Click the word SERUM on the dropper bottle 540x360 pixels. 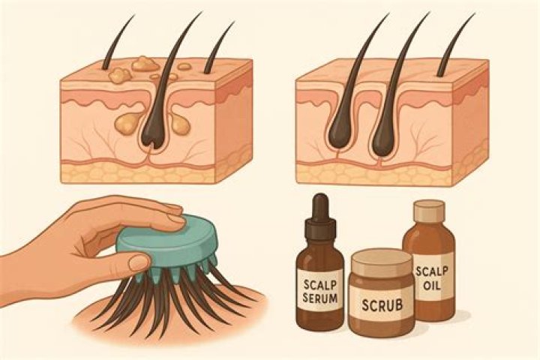click(320, 298)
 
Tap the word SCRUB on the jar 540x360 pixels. click(382, 304)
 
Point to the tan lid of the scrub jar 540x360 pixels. click(381, 262)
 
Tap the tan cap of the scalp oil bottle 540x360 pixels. click(429, 211)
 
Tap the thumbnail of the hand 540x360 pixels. click(139, 263)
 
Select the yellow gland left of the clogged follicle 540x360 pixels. click(126, 124)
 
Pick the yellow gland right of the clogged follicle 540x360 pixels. click(180, 124)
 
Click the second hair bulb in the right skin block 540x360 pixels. click(382, 133)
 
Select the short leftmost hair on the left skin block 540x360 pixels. click(116, 42)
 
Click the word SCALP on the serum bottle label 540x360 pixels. click(319, 284)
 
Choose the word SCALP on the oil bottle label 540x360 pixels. click(431, 271)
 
